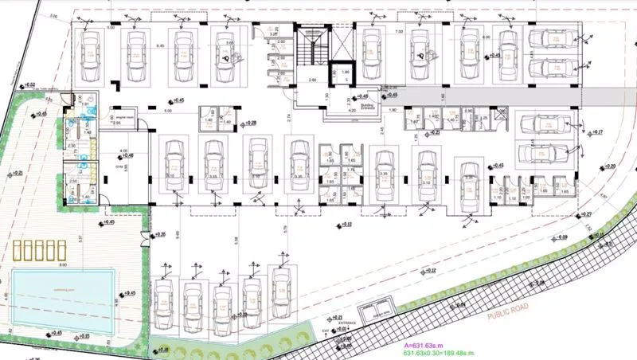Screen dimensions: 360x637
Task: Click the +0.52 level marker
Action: (x=31, y=84)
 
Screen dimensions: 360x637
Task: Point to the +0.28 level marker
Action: (x=249, y=123)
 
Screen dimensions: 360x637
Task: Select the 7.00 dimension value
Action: (x=397, y=29)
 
